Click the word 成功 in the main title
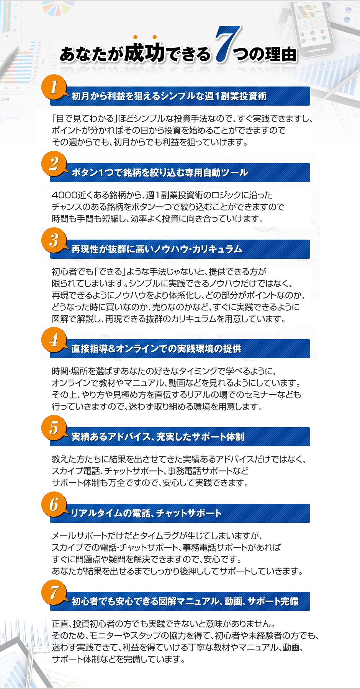[144, 52]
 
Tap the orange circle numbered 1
[54, 87]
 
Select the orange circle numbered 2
[54, 164]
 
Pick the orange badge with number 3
[54, 240]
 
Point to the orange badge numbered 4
[54, 340]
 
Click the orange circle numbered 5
[54, 428]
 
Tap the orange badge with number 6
[54, 505]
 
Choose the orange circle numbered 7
[54, 593]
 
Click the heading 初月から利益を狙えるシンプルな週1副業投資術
[169, 96]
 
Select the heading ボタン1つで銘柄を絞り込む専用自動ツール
[160, 173]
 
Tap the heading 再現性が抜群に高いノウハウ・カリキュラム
[157, 249]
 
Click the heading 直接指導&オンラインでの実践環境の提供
[156, 349]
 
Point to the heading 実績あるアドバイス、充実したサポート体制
[158, 437]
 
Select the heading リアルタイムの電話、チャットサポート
[146, 513]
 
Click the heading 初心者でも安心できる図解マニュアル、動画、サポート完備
[185, 601]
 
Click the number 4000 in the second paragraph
[65, 195]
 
